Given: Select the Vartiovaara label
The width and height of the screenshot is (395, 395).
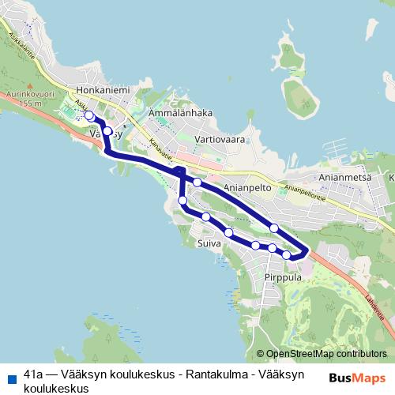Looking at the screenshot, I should pos(220,139).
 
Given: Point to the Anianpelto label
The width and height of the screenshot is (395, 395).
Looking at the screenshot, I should pos(248,189).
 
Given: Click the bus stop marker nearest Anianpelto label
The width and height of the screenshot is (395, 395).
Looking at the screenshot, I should pos(197,182).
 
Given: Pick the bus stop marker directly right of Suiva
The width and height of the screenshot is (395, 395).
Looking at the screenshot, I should pos(228,232).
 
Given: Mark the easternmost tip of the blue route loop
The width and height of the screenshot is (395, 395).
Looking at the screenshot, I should pos(307,250).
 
